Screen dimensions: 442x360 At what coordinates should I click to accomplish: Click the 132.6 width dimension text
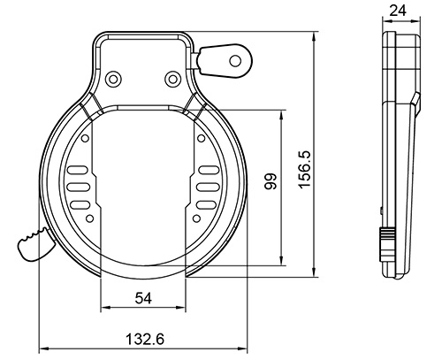[x=145, y=339]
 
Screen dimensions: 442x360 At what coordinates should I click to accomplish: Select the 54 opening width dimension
[x=143, y=298]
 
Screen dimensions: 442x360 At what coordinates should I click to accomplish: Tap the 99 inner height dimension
[x=271, y=181]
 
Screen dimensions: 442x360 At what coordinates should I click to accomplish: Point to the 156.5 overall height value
[x=305, y=169]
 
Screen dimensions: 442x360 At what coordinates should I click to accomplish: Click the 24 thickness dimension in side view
[x=398, y=11]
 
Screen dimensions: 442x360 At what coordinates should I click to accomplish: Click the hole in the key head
[x=235, y=61]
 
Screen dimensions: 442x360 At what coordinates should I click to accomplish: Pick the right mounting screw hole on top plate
[x=171, y=79]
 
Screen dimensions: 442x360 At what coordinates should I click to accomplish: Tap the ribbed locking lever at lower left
[x=34, y=244]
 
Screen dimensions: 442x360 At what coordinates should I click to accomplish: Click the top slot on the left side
[x=78, y=170]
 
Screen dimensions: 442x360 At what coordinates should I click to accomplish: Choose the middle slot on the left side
[x=79, y=188]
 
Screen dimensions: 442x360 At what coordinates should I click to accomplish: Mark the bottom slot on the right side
[x=207, y=205]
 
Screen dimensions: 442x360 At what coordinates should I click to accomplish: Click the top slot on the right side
[x=209, y=170]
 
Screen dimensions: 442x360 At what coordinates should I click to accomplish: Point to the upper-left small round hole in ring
[x=85, y=138]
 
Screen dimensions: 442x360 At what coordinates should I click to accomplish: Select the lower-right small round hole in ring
[x=196, y=218]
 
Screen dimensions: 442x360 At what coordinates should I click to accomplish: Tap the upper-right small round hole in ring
[x=201, y=138]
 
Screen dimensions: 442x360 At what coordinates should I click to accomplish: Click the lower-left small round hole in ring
[x=90, y=218]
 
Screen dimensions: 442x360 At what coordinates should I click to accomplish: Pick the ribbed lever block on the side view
[x=387, y=244]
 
